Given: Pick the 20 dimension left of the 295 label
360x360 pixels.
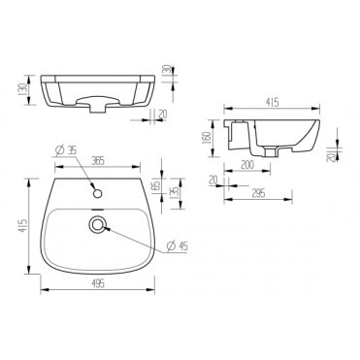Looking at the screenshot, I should coord(213,180).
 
